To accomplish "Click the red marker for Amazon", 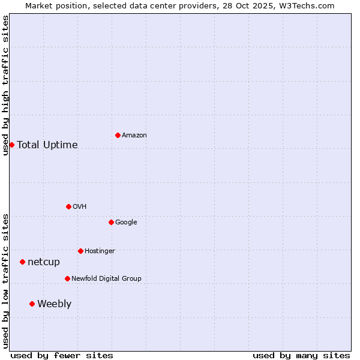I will [118, 135].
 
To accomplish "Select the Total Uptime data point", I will [11, 145].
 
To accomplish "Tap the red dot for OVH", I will [68, 206].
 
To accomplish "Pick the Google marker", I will [111, 222].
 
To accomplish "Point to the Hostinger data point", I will [80, 251].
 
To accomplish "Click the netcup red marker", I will [22, 262].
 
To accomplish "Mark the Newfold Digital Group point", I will [67, 278].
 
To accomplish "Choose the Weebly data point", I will [32, 304].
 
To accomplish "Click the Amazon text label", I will [134, 136].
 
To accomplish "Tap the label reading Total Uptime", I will [47, 145].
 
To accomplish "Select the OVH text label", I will [80, 207].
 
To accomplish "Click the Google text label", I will [126, 223].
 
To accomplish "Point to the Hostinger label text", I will [100, 251].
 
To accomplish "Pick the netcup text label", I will [44, 262].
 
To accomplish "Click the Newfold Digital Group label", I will [106, 279].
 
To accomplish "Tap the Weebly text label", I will [54, 304].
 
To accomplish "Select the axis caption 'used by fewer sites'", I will [62, 355].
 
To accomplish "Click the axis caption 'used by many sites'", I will [301, 355].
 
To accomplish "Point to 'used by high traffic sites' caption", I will [5, 85].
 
